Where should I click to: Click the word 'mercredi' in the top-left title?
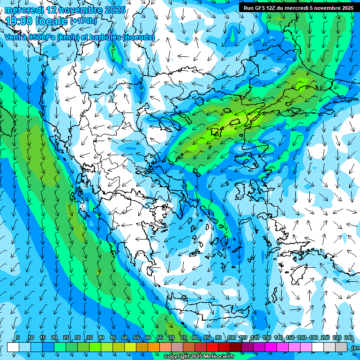coord(23,10)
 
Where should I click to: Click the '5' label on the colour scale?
coord(18,338)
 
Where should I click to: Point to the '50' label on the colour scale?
coord(124,338)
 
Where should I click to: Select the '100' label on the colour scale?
coord(231,338)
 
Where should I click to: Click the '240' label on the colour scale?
coord(348,338)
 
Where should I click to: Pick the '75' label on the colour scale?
coord(183,338)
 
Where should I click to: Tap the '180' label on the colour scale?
coord(313,338)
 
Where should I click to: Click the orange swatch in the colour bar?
coord(154,347)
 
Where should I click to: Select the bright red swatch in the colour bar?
coord(212,347)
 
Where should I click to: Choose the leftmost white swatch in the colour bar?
coord(13,347)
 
